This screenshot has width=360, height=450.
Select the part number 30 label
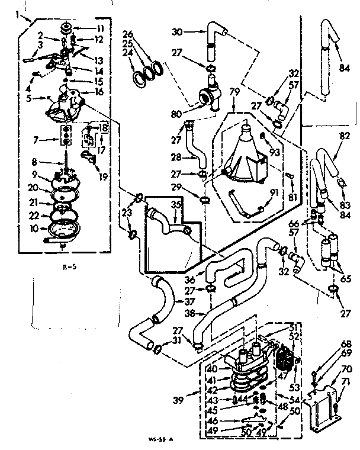pyautogui.click(x=176, y=32)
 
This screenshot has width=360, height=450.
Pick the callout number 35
pyautogui.click(x=175, y=204)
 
